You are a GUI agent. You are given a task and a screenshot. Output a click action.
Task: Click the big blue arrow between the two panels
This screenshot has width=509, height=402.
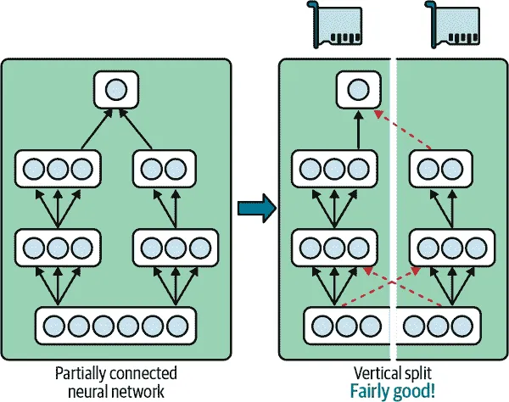[x=255, y=206]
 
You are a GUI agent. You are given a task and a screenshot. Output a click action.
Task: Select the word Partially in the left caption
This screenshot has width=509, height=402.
[x=79, y=373]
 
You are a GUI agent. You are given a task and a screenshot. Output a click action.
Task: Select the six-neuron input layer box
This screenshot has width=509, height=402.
[x=115, y=326]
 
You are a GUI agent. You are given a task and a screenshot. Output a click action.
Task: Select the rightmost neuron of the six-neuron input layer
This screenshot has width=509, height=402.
[x=176, y=326]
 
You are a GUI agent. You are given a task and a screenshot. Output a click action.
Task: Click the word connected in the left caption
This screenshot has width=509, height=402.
[x=142, y=373]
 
